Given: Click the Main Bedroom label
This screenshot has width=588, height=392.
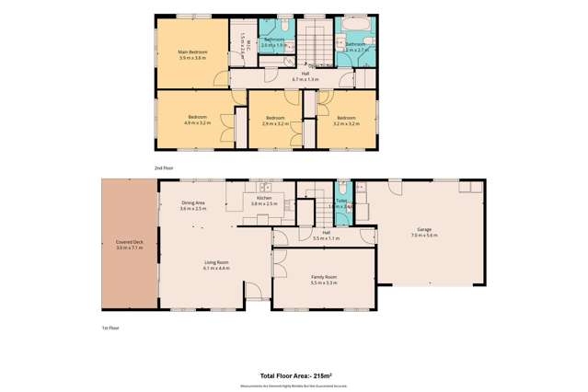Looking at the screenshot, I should pyautogui.click(x=191, y=54).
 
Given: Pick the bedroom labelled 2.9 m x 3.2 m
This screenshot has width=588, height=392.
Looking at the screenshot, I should pyautogui.click(x=275, y=120).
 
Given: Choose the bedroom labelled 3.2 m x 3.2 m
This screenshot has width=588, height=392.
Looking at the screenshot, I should pyautogui.click(x=346, y=120).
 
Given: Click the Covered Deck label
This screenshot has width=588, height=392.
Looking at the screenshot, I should pyautogui.click(x=128, y=246).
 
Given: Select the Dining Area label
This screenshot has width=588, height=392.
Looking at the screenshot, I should pyautogui.click(x=192, y=205).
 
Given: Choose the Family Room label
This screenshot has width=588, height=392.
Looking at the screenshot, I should pyautogui.click(x=324, y=279).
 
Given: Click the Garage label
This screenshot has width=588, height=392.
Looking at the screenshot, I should pyautogui.click(x=424, y=234).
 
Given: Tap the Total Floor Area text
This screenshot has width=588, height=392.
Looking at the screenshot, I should pyautogui.click(x=295, y=376).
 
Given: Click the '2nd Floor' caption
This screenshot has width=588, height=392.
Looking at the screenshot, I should pyautogui.click(x=163, y=167).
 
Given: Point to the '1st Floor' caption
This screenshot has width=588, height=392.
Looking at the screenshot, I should pyautogui.click(x=110, y=328).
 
